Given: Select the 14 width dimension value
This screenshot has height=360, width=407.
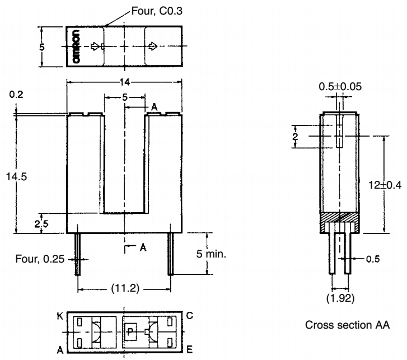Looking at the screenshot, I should [125, 82].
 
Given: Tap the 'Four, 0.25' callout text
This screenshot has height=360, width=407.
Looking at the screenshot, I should [48, 259].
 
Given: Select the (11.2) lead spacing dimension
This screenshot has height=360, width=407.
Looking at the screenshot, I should [125, 289].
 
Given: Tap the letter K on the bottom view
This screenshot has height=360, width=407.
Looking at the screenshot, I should [59, 316].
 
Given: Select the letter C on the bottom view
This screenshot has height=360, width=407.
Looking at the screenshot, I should [190, 316].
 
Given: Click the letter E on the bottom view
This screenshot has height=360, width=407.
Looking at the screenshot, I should [190, 349].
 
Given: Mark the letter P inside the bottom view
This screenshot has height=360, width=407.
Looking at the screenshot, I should [129, 331].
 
